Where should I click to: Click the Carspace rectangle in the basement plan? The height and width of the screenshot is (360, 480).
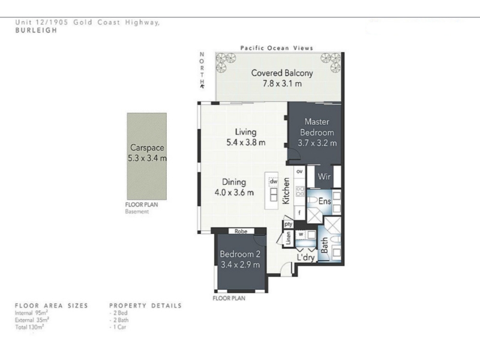(147, 156)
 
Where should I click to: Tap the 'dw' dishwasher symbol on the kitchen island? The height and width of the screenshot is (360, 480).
(274, 182)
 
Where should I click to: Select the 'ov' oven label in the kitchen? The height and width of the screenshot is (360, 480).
(299, 172)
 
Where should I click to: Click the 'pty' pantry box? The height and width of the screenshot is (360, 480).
(288, 224)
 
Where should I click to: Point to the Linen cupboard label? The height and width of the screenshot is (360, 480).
(288, 238)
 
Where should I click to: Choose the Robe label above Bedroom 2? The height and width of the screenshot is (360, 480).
(241, 232)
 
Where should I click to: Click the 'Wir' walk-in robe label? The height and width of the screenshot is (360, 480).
(324, 176)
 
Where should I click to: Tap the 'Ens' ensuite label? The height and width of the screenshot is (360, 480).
(325, 201)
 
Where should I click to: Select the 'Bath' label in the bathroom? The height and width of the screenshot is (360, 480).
(324, 245)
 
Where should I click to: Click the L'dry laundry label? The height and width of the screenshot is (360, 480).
(306, 257)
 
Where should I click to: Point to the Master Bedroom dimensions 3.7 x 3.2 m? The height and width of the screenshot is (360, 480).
(317, 143)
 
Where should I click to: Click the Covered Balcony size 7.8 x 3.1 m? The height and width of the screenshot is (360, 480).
(282, 83)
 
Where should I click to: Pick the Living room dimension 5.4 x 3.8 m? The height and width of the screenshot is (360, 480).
(246, 142)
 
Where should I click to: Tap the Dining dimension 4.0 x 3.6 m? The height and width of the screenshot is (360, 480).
(234, 193)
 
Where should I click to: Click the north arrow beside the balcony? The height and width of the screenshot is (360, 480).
(202, 86)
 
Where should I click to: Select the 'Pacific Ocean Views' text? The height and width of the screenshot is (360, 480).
(277, 48)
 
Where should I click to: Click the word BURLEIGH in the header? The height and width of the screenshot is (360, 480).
(36, 30)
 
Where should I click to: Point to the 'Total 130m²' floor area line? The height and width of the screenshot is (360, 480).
(29, 327)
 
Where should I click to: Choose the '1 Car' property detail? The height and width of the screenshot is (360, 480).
(118, 327)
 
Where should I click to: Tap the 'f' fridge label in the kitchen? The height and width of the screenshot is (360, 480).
(299, 212)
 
